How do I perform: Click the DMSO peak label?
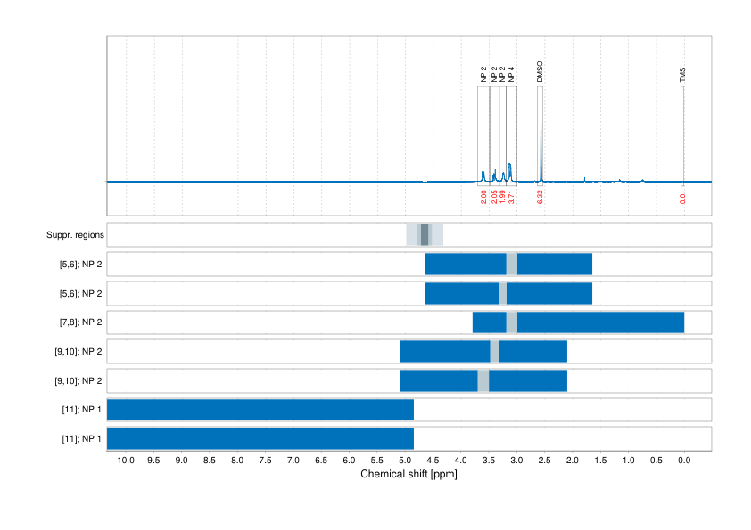[541, 72]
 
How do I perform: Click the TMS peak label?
[683, 75]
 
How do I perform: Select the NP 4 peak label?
[511, 74]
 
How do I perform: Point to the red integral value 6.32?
[541, 197]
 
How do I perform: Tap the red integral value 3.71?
[511, 197]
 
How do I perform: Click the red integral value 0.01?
[683, 197]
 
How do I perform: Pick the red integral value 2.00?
[483, 197]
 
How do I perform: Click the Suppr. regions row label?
[75, 235]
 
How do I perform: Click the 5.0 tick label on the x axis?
[405, 461]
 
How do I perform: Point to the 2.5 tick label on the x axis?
[544, 461]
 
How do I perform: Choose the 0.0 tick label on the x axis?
[684, 461]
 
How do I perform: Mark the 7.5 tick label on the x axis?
[265, 461]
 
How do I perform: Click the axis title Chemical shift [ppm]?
[408, 475]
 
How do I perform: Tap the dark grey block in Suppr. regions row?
[425, 235]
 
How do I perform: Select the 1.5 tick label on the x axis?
[600, 461]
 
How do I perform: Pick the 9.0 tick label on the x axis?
[181, 461]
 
